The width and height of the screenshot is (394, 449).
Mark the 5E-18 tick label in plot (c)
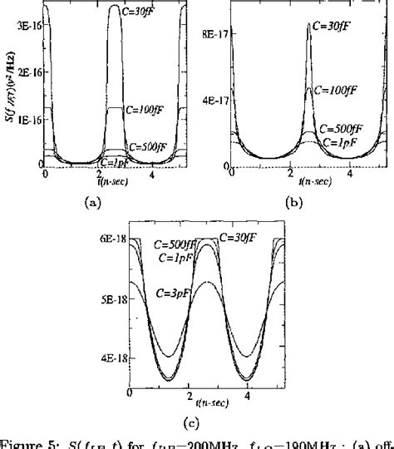pyautogui.click(x=113, y=318)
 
